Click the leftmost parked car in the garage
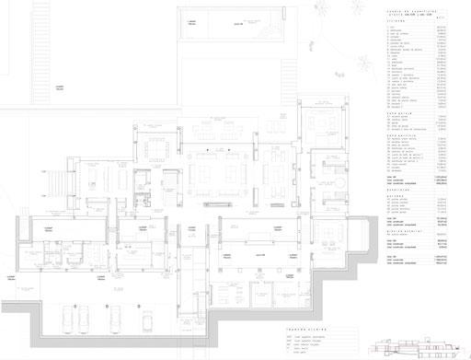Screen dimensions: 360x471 tap(69, 319)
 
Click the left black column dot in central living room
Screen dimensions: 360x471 tap(209, 149)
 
